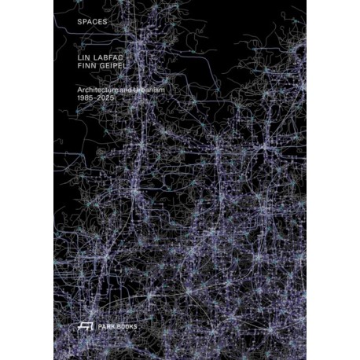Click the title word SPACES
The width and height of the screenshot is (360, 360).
pyautogui.click(x=81, y=22)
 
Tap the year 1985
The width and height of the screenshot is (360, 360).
pyautogui.click(x=77, y=102)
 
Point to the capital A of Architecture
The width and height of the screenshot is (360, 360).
pyautogui.click(x=69, y=93)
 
